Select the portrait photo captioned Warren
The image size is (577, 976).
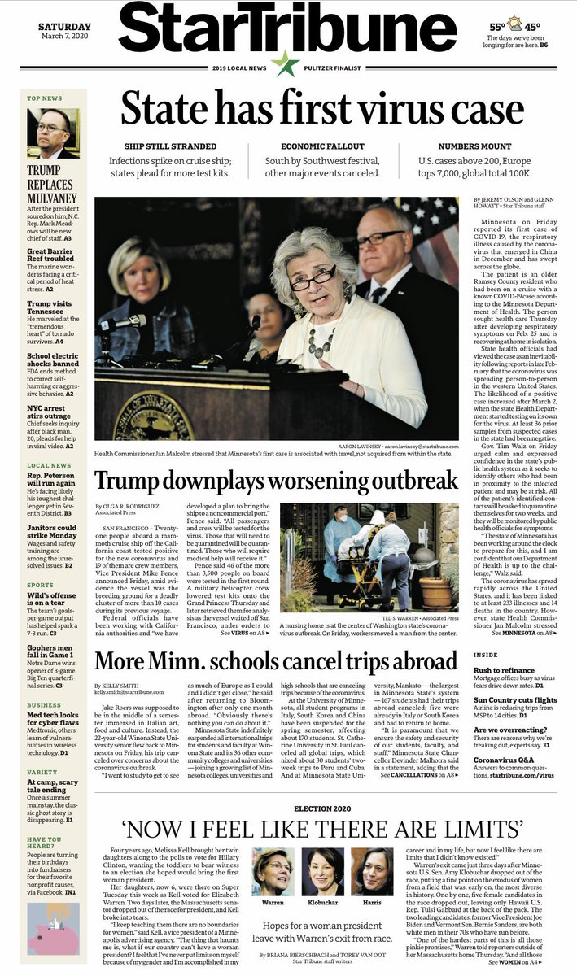[x=273, y=870]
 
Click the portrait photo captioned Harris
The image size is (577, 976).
[x=372, y=870]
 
